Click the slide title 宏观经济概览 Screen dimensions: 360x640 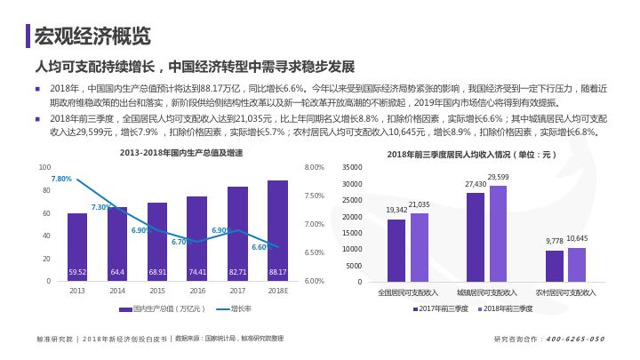pos(92,36)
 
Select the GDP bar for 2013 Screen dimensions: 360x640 pos(77,244)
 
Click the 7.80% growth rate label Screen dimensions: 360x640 pos(61,179)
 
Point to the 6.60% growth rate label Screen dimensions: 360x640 pos(262,247)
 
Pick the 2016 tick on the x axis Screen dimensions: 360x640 pos(197,291)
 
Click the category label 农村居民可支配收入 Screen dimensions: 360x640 pos(565,292)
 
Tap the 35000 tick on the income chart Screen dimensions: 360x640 pos(352,167)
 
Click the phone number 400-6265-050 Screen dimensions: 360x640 pos(574,339)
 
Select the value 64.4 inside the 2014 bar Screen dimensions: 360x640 pos(117,271)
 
